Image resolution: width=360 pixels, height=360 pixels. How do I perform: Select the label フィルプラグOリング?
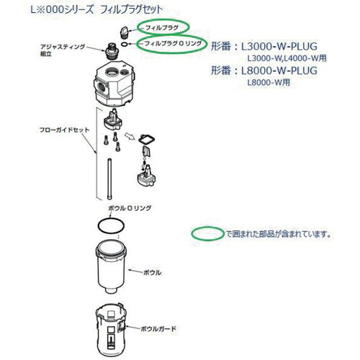(174, 43)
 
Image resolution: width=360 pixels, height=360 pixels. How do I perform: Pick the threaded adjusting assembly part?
(111, 52)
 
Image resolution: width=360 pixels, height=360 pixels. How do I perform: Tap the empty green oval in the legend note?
(207, 233)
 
